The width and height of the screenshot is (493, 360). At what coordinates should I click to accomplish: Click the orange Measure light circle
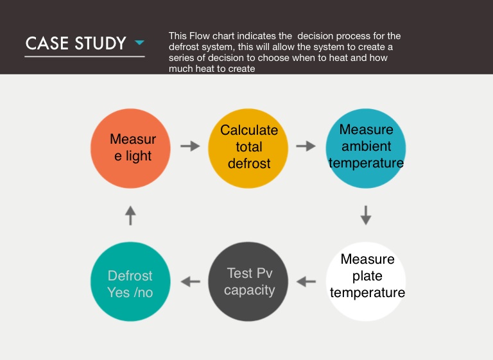click(x=130, y=148)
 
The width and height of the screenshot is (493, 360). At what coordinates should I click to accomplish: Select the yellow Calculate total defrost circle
click(x=248, y=148)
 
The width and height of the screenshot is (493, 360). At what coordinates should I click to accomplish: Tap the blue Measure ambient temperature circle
click(x=366, y=148)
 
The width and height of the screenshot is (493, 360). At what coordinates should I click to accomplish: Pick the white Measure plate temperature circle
click(x=366, y=282)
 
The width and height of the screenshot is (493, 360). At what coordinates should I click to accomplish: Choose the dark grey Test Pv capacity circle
click(x=248, y=282)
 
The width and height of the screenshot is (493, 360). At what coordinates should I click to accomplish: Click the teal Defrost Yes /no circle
click(x=130, y=282)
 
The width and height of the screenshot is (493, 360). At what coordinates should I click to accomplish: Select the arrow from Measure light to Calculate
click(x=190, y=146)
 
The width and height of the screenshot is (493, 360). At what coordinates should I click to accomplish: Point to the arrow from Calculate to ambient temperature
click(x=306, y=146)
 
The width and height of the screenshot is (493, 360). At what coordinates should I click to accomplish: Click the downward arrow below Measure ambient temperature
click(x=366, y=216)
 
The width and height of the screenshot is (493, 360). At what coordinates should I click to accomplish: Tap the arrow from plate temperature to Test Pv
click(x=306, y=282)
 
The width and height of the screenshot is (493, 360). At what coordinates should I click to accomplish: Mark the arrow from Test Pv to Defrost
click(x=191, y=282)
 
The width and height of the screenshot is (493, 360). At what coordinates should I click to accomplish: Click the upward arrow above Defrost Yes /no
click(x=130, y=216)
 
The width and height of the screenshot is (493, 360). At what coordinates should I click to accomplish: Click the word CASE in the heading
click(x=47, y=43)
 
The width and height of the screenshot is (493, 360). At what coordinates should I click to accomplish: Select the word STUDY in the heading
click(x=101, y=43)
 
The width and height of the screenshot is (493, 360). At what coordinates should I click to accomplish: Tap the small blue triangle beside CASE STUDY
click(x=139, y=42)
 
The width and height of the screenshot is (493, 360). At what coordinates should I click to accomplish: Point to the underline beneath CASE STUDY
click(x=85, y=56)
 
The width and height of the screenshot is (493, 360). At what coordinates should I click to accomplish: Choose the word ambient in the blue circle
click(x=367, y=146)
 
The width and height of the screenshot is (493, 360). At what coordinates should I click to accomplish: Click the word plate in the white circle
click(x=367, y=277)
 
